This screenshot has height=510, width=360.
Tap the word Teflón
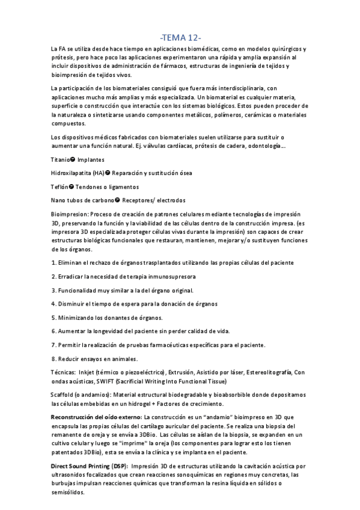[61, 186]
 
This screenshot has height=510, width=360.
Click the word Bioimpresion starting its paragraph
[69, 214]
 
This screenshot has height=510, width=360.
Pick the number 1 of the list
[53, 263]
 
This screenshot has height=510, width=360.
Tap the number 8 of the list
[53, 358]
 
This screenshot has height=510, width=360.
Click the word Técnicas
[64, 372]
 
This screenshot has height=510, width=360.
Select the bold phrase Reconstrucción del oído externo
[96, 417]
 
